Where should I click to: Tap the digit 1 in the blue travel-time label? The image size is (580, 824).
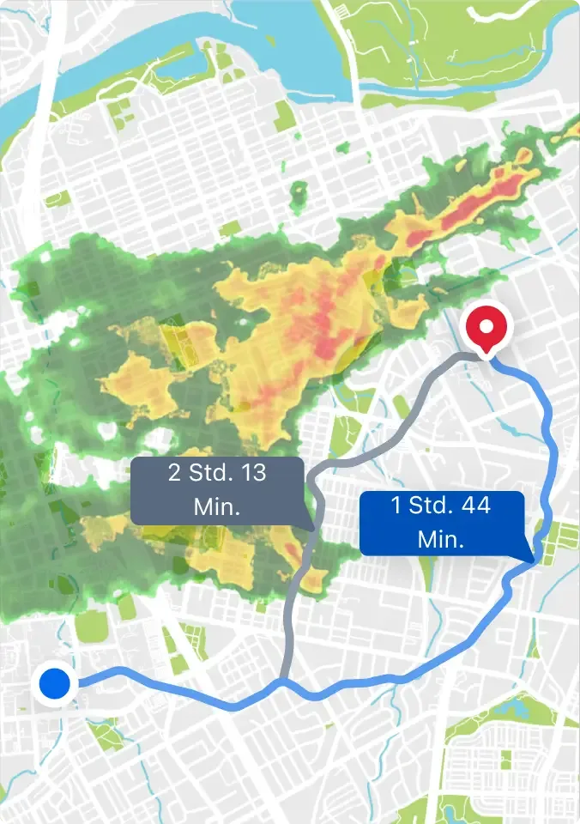tap(397, 506)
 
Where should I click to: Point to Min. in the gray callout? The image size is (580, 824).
tap(217, 506)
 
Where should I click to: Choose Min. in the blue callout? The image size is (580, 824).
tap(441, 540)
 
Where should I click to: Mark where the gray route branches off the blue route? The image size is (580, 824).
tap(282, 683)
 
